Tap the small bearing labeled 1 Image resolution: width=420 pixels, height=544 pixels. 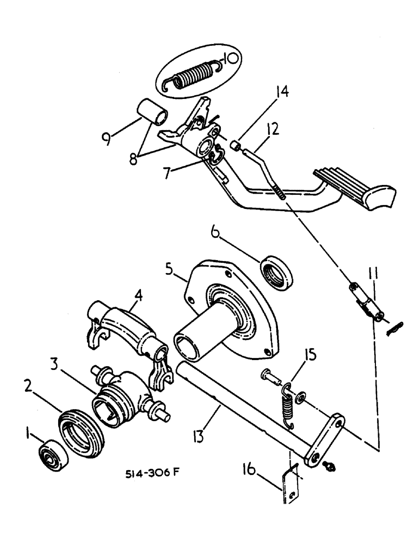53,454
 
